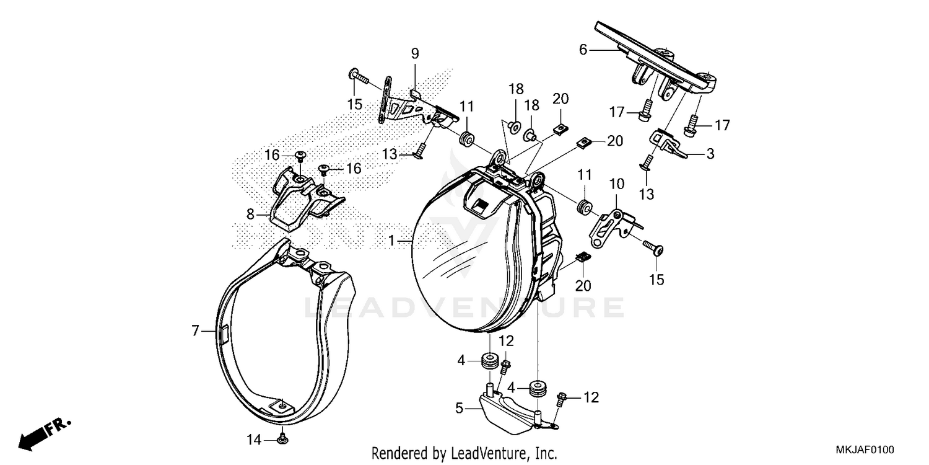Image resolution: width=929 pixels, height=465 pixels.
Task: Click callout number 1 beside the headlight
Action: point(391,239)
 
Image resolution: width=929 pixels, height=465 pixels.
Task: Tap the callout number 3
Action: point(710,153)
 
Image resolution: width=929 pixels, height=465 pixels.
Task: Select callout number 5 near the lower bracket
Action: point(459,408)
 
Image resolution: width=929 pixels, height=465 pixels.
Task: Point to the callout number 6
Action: point(582,50)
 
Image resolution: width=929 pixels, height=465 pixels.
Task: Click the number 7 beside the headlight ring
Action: point(196,332)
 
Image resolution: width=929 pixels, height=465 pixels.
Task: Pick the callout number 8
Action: point(250,215)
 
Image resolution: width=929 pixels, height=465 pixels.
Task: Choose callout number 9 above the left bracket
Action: point(415,54)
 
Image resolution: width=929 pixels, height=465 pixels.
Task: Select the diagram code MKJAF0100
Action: point(865,449)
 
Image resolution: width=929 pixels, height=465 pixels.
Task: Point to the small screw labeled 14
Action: point(282,439)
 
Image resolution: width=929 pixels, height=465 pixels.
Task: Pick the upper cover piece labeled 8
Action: point(303,197)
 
